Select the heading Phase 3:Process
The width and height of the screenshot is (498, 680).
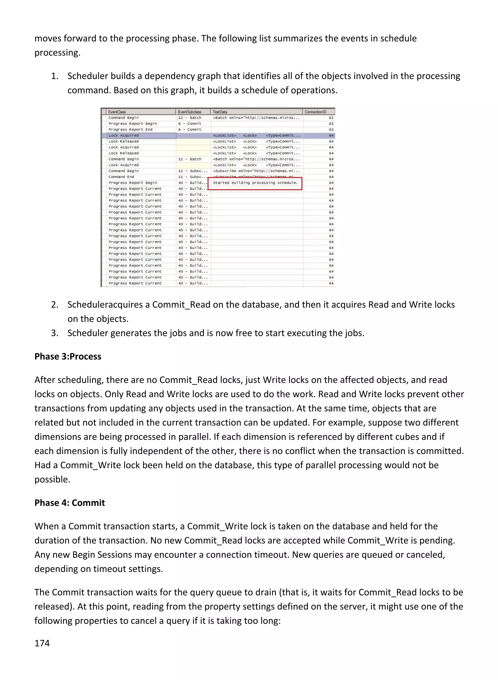(68, 356)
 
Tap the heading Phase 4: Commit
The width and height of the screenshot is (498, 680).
(70, 503)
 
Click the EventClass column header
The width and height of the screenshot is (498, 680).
(117, 112)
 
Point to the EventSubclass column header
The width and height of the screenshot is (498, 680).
(189, 112)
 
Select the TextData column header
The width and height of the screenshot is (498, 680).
(220, 112)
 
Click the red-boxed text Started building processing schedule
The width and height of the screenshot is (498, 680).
(255, 183)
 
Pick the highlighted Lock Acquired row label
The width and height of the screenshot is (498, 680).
(124, 136)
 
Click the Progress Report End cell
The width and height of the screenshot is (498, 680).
(131, 129)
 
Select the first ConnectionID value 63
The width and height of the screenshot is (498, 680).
(331, 118)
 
